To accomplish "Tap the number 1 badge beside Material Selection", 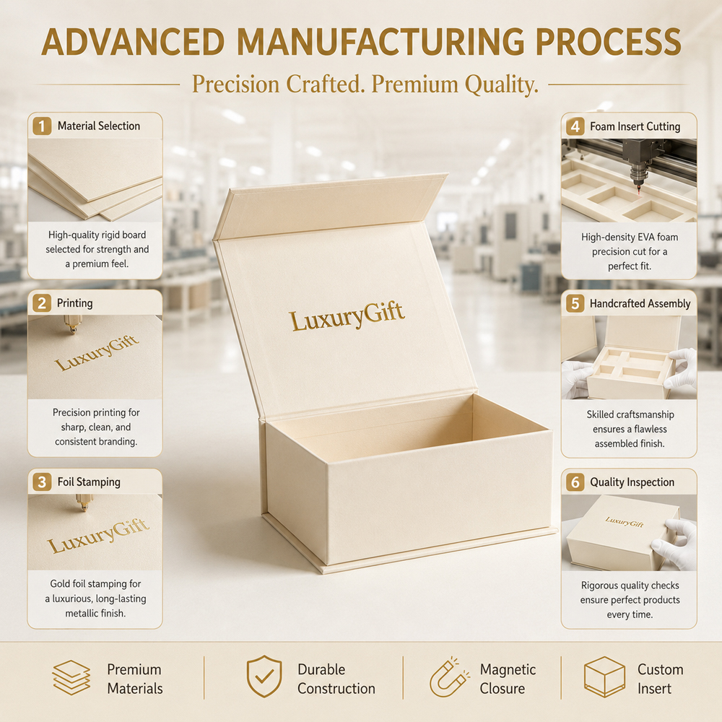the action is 42,126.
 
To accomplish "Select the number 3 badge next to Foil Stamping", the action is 42,482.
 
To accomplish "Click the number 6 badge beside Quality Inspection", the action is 575,482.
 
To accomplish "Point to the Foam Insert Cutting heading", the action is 635,126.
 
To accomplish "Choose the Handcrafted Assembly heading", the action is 640,303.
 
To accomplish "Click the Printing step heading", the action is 74,303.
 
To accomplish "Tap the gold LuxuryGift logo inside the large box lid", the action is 347,316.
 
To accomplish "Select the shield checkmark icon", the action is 264,677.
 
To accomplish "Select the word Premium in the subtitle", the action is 415,84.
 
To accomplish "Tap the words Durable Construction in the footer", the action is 336,679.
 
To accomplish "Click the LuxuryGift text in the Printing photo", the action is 96,352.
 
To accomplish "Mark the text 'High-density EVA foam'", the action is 630,237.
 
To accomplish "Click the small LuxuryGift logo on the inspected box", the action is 625,522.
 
